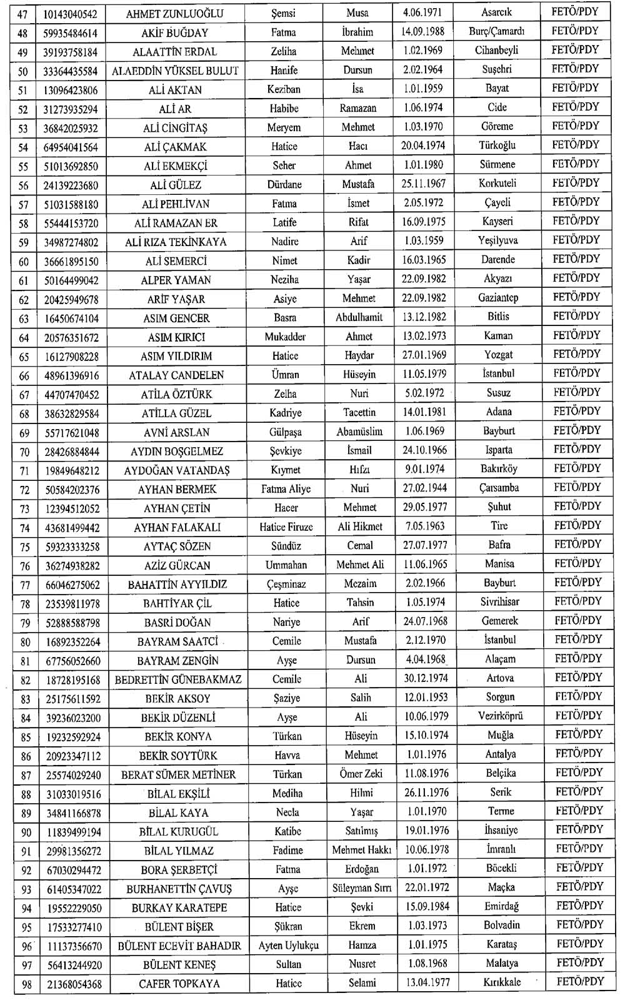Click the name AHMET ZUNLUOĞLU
point(174,14)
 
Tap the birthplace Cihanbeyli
point(497,51)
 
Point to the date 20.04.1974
point(423,146)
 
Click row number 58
point(24,224)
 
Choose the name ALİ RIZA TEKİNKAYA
point(176,242)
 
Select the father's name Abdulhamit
point(359,317)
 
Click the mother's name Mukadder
point(285,337)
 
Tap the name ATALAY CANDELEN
point(176,375)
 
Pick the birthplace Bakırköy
point(499,468)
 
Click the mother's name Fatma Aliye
point(286,489)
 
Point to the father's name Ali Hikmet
point(360,527)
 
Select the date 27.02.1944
point(425,488)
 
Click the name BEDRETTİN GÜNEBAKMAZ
point(178,679)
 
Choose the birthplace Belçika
point(501,773)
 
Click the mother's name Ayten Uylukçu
point(288,946)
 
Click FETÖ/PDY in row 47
point(574,12)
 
